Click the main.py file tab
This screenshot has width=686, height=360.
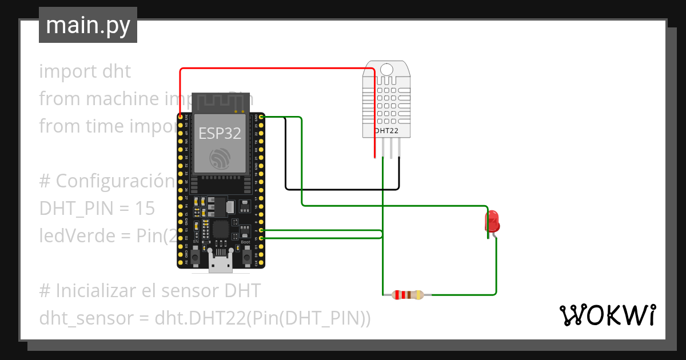[87, 25]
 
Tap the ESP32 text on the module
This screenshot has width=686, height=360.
[220, 134]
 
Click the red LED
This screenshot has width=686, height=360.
[492, 222]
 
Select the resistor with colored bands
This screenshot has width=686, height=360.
[407, 295]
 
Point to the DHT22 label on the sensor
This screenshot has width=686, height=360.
[386, 131]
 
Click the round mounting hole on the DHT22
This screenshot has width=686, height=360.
[386, 70]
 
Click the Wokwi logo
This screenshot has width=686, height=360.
[607, 315]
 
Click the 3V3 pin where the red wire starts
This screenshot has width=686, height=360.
[181, 117]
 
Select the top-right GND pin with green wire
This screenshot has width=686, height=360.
[261, 117]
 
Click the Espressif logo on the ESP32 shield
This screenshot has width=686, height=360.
[220, 158]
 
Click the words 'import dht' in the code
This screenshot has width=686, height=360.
[85, 72]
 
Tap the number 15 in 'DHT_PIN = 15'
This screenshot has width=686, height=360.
[145, 209]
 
